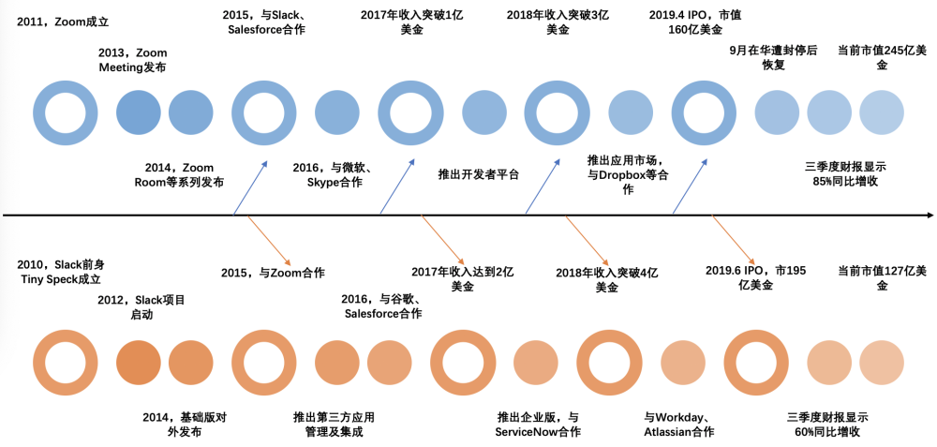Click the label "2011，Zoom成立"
tap(63, 22)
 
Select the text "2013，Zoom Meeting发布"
tap(133, 60)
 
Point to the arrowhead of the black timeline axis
tap(930, 215)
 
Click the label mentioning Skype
tap(335, 175)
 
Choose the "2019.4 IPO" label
tap(695, 22)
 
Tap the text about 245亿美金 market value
tap(882, 57)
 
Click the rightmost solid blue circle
tap(882, 112)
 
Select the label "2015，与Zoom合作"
tap(273, 273)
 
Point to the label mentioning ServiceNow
tap(538, 425)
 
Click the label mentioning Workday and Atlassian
tap(678, 425)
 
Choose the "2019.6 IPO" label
tap(755, 278)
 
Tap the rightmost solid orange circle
tap(882, 363)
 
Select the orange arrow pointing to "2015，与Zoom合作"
tap(270, 240)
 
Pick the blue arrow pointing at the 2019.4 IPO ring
tap(690, 186)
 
